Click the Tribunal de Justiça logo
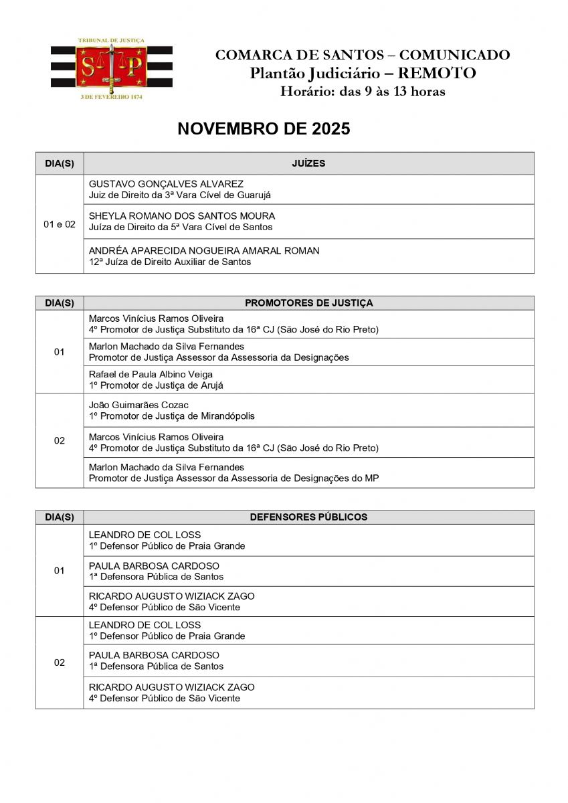click(111, 68)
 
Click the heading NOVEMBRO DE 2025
click(264, 129)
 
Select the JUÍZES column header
click(308, 163)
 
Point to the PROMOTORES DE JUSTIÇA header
click(308, 303)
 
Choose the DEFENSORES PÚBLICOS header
click(308, 517)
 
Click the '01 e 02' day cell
click(60, 224)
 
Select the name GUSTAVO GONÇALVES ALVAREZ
click(166, 184)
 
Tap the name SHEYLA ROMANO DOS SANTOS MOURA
click(182, 216)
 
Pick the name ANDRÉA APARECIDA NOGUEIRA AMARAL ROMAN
click(204, 251)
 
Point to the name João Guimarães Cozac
click(138, 405)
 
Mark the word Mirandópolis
click(224, 416)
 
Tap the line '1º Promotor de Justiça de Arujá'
click(156, 385)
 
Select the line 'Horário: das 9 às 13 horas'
click(362, 92)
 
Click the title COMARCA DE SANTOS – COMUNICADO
click(362, 56)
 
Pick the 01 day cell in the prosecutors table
click(60, 352)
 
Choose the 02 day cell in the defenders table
click(60, 662)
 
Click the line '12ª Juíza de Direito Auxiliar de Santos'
click(170, 262)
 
